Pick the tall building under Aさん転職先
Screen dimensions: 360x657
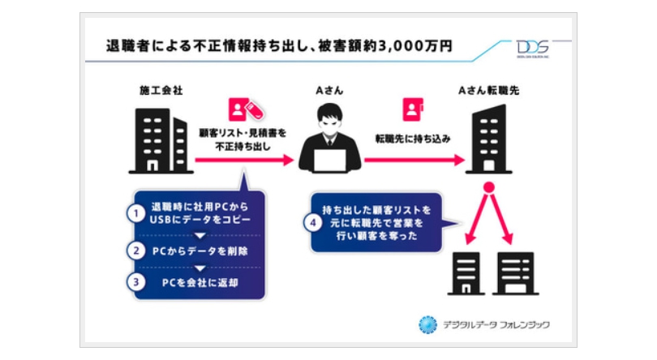[488, 138]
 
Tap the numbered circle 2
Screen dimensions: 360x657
[139, 251]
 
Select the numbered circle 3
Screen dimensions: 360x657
[139, 283]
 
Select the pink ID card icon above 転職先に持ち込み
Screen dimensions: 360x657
[412, 109]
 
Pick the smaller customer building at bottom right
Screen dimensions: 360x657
[464, 272]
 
